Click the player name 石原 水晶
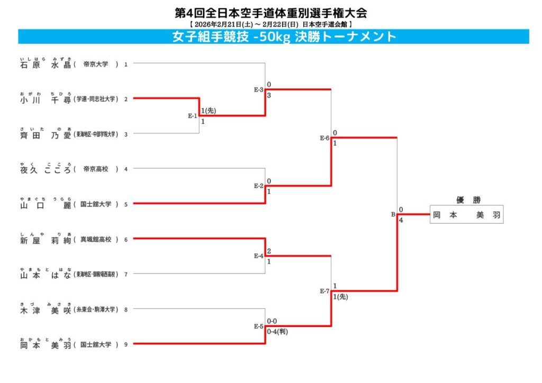pos(45,65)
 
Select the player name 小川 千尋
pos(45,99)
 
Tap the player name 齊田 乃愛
pos(45,134)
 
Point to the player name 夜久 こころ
pos(45,169)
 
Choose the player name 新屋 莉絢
pos(45,240)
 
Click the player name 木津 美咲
pos(45,310)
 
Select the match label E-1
pos(192,115)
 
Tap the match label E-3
pos(258,89)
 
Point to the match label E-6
pos(324,138)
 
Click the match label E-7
pos(324,291)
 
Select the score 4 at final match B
pos(401,220)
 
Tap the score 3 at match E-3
pos(269,95)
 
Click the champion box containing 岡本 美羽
pos(466,215)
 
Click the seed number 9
pos(126,345)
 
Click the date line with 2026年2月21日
pos(270,24)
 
